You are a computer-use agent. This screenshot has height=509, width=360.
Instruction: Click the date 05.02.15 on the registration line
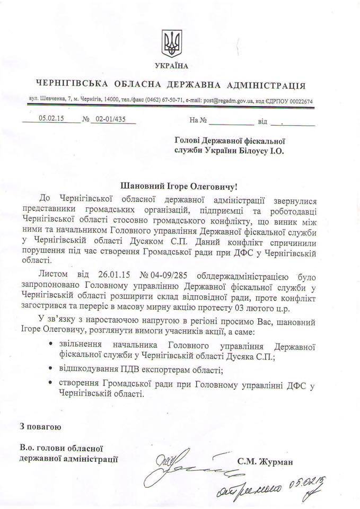click(x=51, y=120)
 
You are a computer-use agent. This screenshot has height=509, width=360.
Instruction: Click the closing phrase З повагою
click(x=40, y=426)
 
